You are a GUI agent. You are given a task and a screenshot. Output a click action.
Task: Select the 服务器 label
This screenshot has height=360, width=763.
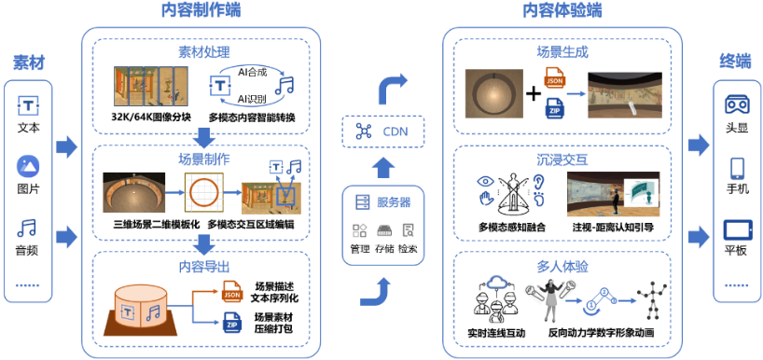click(x=393, y=201)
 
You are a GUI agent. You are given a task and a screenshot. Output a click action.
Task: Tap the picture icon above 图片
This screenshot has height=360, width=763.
click(x=29, y=166)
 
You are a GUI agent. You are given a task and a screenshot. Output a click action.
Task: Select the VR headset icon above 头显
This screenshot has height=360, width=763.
click(x=736, y=104)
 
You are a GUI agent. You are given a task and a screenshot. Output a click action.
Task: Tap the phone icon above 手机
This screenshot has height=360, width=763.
click(x=736, y=168)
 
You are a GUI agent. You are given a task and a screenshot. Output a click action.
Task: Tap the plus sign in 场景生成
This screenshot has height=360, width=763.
click(x=533, y=93)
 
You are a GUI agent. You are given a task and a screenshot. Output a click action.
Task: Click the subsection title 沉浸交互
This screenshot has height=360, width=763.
click(x=562, y=159)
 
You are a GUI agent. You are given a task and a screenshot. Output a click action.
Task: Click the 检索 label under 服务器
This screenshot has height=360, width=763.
click(x=408, y=249)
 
